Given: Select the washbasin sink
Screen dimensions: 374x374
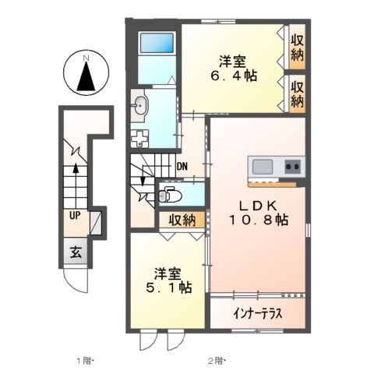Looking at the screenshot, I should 141,107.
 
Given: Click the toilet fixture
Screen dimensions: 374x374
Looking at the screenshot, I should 168,195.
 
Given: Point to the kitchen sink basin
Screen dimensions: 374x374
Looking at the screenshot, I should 261,166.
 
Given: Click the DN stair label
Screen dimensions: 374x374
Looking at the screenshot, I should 182,166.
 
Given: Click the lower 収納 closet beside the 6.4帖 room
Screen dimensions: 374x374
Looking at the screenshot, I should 297,92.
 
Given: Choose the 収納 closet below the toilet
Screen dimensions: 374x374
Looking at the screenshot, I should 182,220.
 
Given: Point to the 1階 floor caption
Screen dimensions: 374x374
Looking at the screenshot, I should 84,360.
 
